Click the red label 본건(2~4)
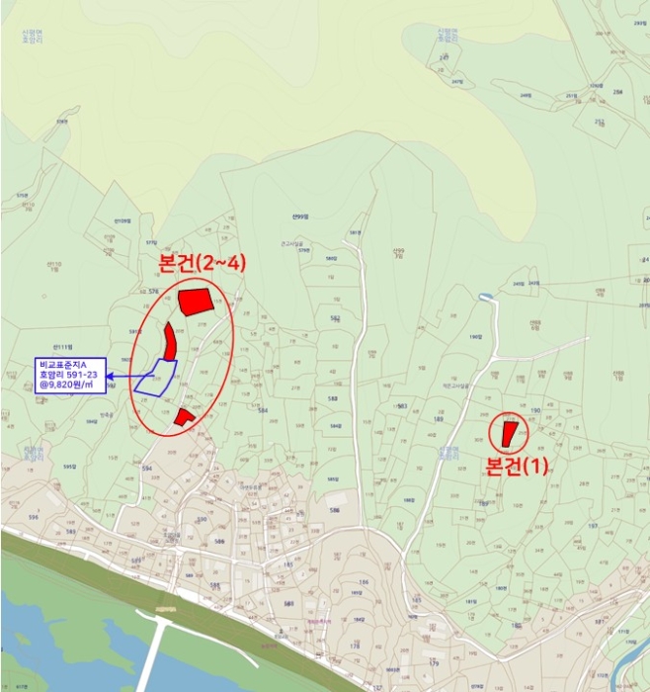pyautogui.click(x=202, y=264)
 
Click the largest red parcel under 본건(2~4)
pyautogui.click(x=196, y=302)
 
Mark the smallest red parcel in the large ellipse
pyautogui.click(x=183, y=417)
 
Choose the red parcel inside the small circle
pyautogui.click(x=509, y=433)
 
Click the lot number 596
pyautogui.click(x=33, y=517)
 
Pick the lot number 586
pyautogui.click(x=334, y=510)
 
